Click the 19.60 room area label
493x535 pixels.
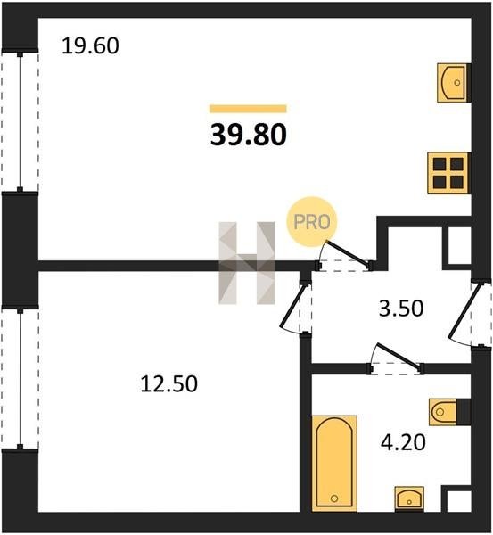[x=90, y=46]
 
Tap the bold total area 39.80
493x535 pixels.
[x=249, y=135]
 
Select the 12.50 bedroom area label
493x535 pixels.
[x=168, y=383]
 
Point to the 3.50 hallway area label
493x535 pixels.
[x=401, y=308]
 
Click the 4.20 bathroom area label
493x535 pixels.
[x=403, y=442]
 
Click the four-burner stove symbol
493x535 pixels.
[x=449, y=173]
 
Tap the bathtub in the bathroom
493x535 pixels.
[x=334, y=464]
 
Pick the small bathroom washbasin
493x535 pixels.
[x=409, y=498]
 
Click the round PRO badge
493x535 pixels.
[x=312, y=222]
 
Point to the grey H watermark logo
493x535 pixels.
[x=246, y=263]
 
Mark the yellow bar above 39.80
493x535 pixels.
[x=248, y=109]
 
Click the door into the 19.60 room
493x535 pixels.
[x=345, y=255]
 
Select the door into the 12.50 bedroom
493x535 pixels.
[x=295, y=307]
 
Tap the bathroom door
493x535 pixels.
[x=396, y=358]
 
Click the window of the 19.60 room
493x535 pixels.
[x=21, y=122]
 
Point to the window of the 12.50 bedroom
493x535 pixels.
[x=21, y=379]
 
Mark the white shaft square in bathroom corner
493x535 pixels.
[x=459, y=501]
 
